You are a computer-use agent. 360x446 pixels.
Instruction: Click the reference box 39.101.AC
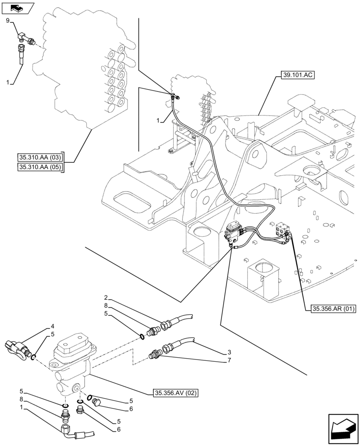pos(298,75)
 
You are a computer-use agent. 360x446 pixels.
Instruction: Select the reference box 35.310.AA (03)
pos(40,157)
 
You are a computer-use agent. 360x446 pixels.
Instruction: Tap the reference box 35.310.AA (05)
pos(40,167)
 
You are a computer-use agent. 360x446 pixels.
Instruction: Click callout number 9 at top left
pos(8,21)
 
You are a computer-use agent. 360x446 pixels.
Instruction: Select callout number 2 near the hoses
pos(106,297)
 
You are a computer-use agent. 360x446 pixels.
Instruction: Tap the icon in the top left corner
pos(18,8)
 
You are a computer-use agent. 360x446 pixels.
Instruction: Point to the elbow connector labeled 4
pos(16,347)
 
